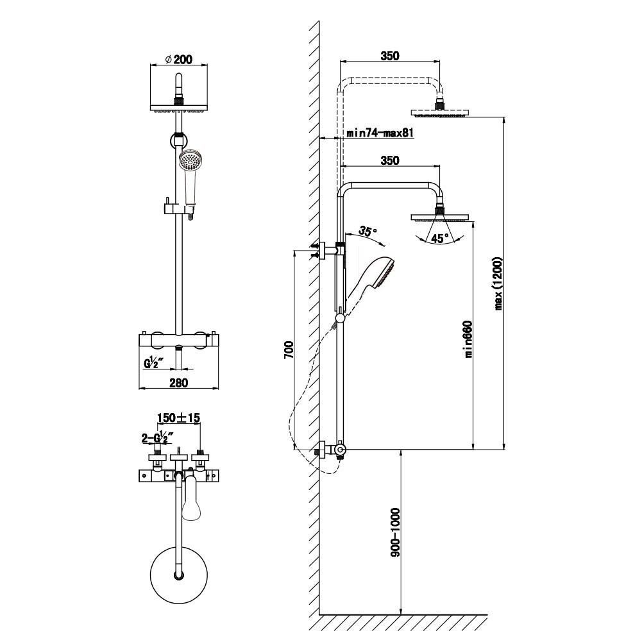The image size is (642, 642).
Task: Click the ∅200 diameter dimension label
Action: tap(179, 59)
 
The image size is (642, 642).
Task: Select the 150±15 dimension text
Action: tap(179, 418)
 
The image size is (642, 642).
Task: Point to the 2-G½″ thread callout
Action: tap(156, 438)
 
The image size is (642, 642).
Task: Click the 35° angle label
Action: tap(367, 230)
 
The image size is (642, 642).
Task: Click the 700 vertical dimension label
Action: tap(289, 350)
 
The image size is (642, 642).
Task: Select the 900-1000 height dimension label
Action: tap(395, 532)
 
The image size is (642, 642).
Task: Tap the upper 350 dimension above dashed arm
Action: tap(389, 56)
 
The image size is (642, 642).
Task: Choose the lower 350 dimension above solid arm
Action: tap(389, 160)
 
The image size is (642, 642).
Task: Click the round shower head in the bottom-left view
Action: tap(180, 575)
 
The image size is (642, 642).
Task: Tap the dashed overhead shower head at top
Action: tap(441, 114)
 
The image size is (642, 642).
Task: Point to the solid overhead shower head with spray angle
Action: tap(441, 217)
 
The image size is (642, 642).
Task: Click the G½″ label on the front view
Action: tap(155, 364)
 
